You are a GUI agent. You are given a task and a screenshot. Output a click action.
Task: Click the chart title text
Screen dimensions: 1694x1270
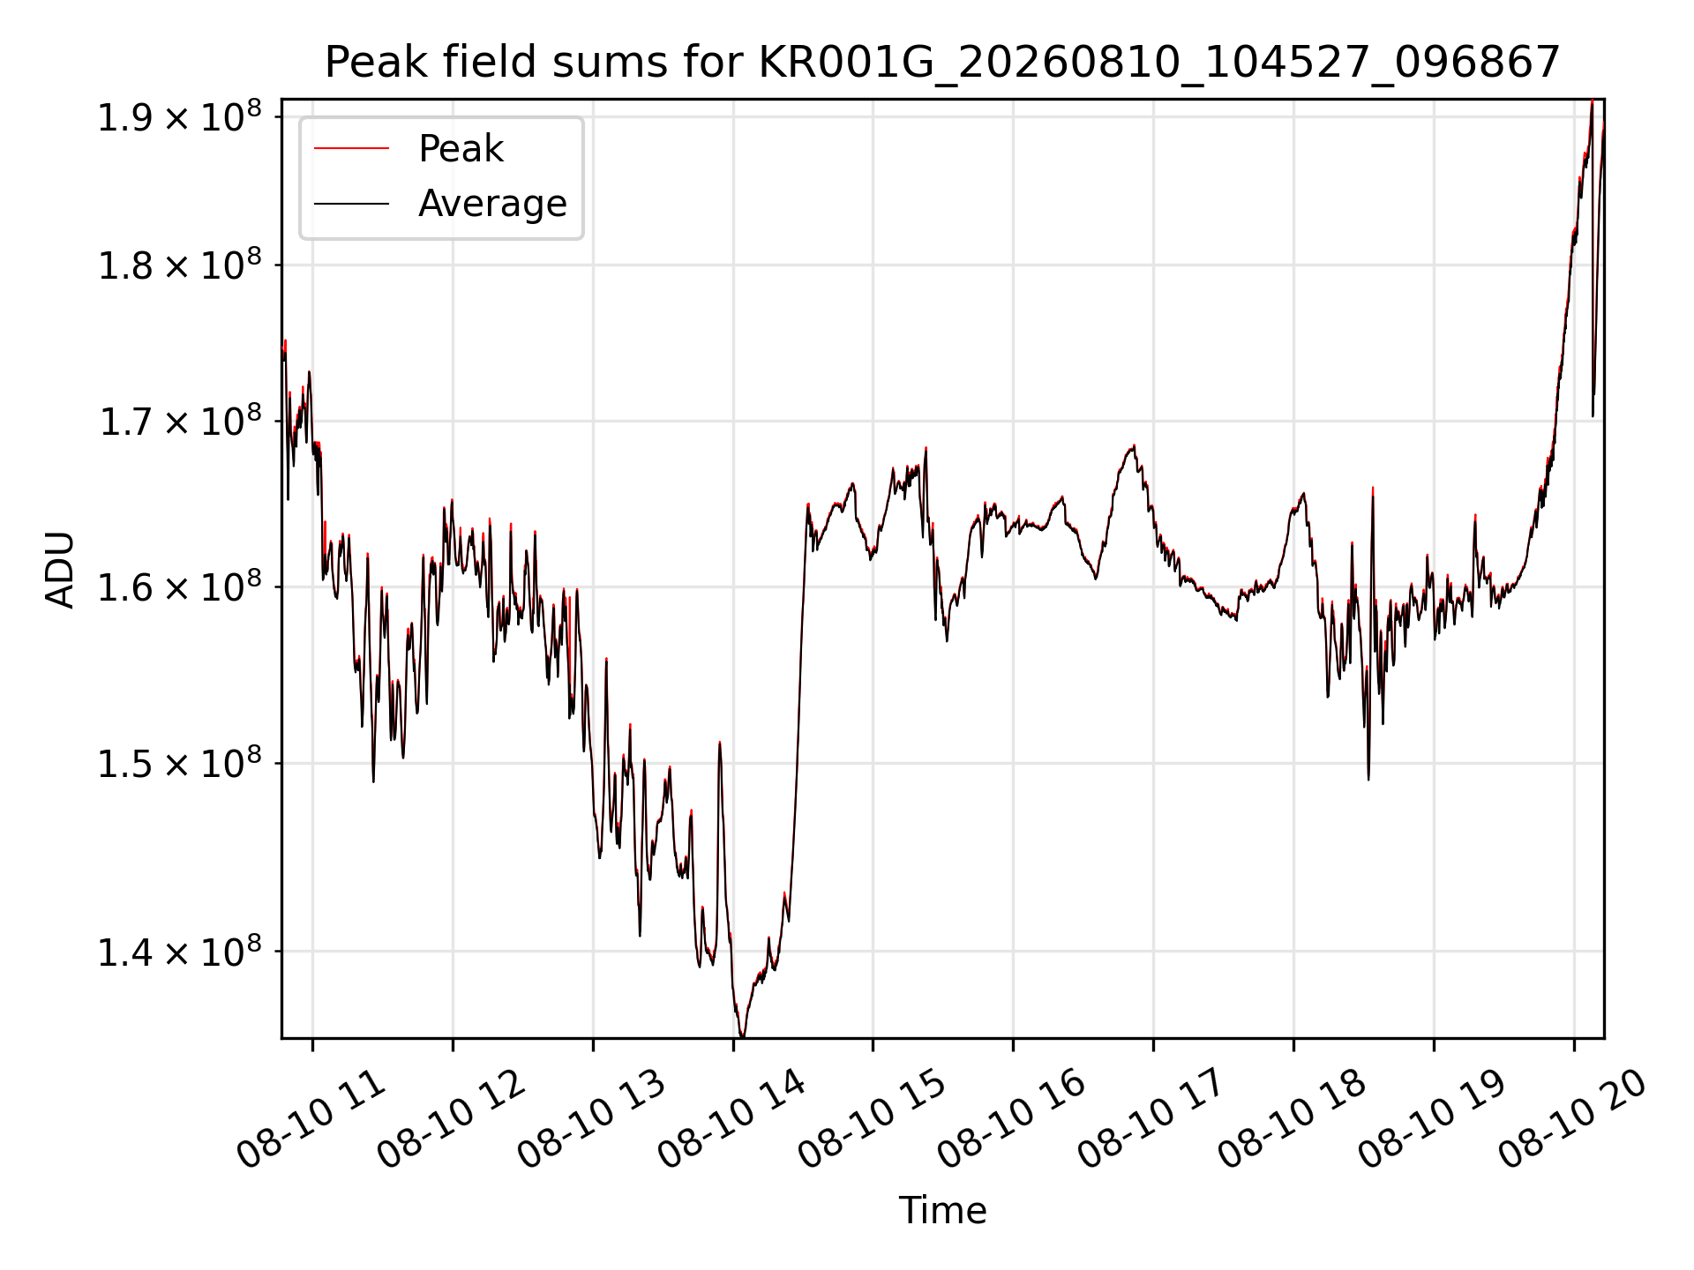942,63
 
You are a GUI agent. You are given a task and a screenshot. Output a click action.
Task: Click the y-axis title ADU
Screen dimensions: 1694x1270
60,569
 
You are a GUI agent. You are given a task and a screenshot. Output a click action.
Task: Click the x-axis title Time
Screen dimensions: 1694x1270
942,1210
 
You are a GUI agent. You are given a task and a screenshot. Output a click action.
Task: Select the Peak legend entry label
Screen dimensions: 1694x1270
461,149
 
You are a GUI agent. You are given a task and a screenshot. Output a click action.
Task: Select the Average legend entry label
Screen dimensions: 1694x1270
492,204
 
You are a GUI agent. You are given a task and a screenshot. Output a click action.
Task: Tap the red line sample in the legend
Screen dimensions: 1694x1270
351,148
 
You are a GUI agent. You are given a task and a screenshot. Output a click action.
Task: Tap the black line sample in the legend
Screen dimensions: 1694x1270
351,204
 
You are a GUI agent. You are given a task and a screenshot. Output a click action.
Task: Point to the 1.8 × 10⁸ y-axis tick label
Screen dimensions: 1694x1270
180,265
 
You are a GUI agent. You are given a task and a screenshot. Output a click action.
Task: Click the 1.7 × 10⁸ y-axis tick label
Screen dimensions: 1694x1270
180,421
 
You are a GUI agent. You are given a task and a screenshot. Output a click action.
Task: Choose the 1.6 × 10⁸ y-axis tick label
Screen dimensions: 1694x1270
180,586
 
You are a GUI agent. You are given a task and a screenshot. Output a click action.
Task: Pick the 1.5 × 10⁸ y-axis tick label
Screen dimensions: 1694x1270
180,763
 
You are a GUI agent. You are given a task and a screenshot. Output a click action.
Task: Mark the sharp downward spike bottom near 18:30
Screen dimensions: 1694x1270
1368,779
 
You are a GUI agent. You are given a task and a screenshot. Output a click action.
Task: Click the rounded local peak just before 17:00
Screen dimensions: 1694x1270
1133,447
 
